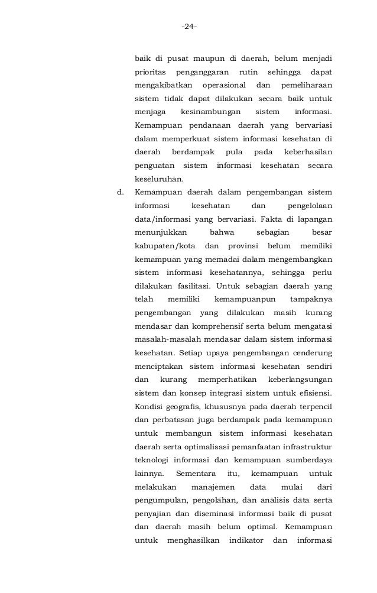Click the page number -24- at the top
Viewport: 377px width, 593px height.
pos(189,27)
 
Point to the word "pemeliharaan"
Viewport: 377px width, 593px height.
pos(304,85)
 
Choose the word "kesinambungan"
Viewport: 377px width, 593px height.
pos(210,111)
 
